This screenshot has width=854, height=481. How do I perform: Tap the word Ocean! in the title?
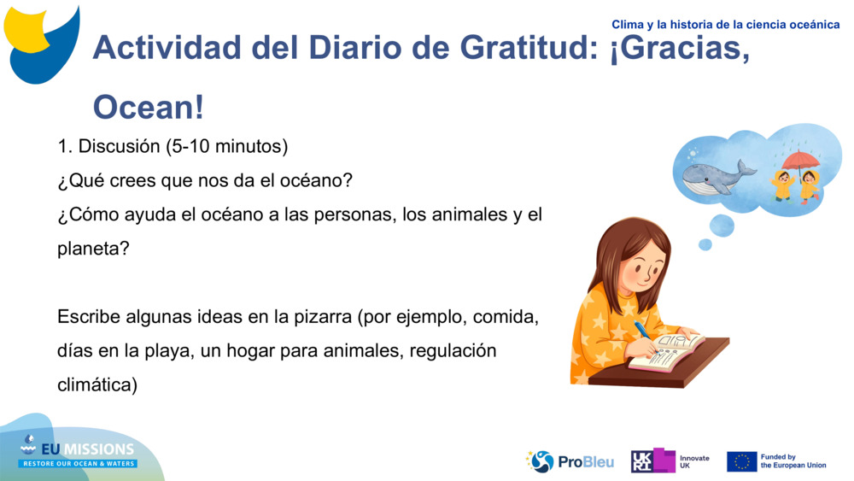coord(149,108)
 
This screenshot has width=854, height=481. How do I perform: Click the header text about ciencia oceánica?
coord(725,25)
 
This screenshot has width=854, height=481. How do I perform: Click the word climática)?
coord(97,384)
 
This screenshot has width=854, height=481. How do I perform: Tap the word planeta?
coord(93,249)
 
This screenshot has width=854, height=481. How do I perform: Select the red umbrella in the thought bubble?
coord(800,160)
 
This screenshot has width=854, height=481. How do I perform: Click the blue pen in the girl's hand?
coord(642,331)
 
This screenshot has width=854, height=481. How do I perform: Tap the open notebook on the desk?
coord(668,352)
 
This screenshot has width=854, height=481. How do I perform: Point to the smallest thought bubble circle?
coord(705,244)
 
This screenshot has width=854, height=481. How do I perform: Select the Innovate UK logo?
coord(670,461)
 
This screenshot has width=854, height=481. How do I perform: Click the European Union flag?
coord(741,461)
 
